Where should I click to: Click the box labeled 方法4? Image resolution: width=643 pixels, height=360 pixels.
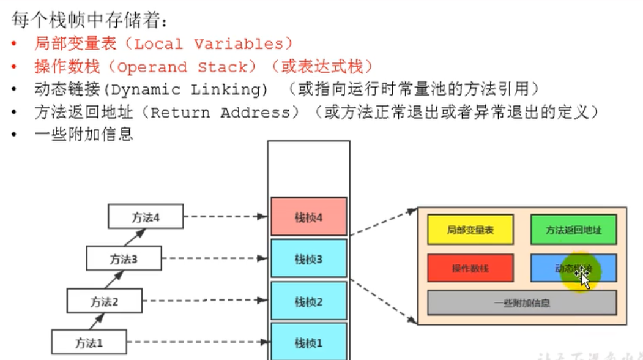pyautogui.click(x=145, y=216)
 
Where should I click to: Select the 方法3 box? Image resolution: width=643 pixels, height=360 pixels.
pyautogui.click(x=124, y=258)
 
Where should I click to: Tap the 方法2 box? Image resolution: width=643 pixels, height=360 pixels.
pyautogui.click(x=104, y=301)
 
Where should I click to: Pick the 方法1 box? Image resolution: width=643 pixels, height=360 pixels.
pyautogui.click(x=89, y=343)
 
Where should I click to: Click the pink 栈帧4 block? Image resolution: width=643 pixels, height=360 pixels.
pyautogui.click(x=308, y=217)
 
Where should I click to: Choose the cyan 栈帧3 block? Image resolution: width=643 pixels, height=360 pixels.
pyautogui.click(x=308, y=260)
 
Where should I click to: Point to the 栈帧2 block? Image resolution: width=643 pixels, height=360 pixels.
pyautogui.click(x=308, y=301)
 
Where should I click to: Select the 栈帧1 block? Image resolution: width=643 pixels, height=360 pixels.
pyautogui.click(x=308, y=342)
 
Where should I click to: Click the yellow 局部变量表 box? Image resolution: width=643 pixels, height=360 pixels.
pyautogui.click(x=470, y=230)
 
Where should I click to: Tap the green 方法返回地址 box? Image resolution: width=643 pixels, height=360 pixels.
pyautogui.click(x=573, y=230)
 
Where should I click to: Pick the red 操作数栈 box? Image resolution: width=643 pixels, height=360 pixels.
pyautogui.click(x=470, y=268)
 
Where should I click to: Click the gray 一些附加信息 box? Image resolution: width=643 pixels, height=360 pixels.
pyautogui.click(x=521, y=302)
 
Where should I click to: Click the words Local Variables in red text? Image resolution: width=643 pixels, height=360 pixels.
pyautogui.click(x=209, y=44)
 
